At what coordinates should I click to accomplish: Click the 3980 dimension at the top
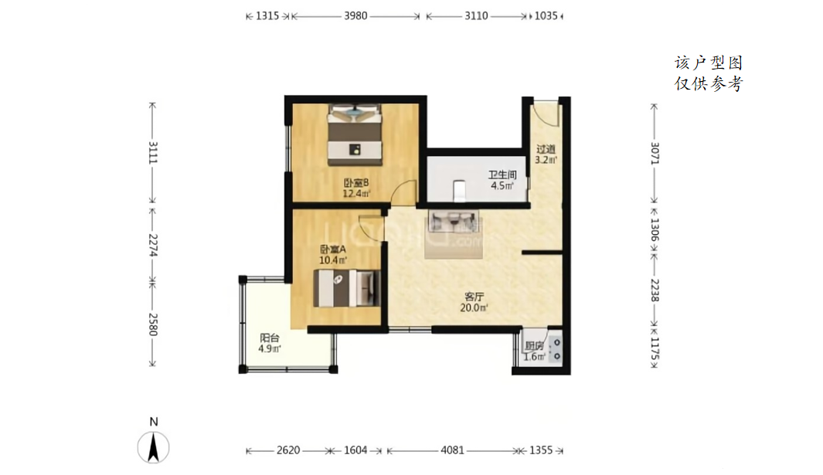pyautogui.click(x=355, y=16)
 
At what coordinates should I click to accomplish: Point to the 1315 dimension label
pyautogui.click(x=267, y=16)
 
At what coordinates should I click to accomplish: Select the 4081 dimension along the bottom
pyautogui.click(x=452, y=450)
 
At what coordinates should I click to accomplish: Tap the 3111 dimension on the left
pyautogui.click(x=153, y=152)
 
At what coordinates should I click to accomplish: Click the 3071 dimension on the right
pyautogui.click(x=655, y=153)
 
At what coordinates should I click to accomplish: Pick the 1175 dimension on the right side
pyautogui.click(x=655, y=348)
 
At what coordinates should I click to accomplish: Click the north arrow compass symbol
pyautogui.click(x=153, y=448)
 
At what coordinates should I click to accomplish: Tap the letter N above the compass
pyautogui.click(x=154, y=422)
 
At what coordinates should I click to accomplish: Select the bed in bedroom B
pyautogui.click(x=355, y=135)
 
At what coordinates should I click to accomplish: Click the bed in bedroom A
pyautogui.click(x=346, y=288)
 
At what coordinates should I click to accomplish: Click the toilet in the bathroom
pyautogui.click(x=459, y=191)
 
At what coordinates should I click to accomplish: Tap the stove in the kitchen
pyautogui.click(x=556, y=350)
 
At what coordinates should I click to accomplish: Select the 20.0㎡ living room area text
pyautogui.click(x=474, y=308)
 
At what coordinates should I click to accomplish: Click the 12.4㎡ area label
pyautogui.click(x=356, y=194)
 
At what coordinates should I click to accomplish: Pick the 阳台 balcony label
pyautogui.click(x=269, y=338)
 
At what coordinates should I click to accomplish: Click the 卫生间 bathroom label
pyautogui.click(x=502, y=175)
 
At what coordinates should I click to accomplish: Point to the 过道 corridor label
pyautogui.click(x=546, y=149)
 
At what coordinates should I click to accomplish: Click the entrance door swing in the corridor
pyautogui.click(x=546, y=112)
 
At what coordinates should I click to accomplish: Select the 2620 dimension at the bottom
pyautogui.click(x=288, y=450)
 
